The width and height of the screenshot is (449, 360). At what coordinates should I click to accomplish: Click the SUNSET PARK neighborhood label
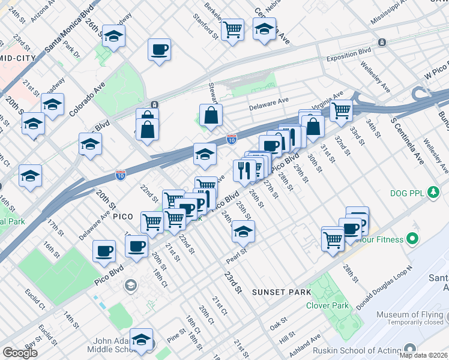[282, 292]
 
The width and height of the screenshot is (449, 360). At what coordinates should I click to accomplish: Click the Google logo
[20, 352]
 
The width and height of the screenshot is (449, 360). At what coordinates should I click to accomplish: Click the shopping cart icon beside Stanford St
[232, 28]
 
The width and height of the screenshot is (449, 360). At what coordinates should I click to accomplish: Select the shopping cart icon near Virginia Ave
[341, 109]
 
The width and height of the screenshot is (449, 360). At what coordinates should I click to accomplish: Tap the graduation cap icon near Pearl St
[243, 231]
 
